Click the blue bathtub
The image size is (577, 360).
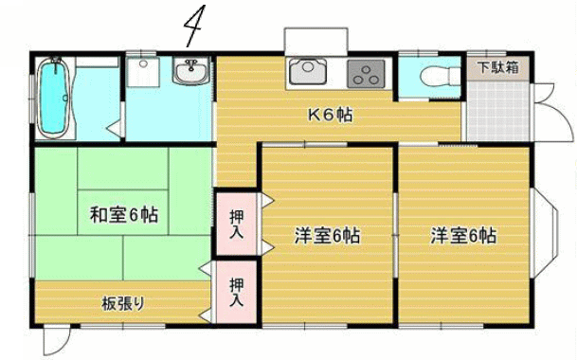[54, 98]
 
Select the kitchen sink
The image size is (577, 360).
[308, 72]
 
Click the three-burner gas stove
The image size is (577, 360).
[366, 73]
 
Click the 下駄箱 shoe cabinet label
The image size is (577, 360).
[497, 67]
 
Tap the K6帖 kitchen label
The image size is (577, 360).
[330, 116]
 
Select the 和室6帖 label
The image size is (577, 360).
[124, 215]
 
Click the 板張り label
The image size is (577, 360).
[123, 304]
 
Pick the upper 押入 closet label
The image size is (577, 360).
[236, 225]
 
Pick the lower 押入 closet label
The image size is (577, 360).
[236, 292]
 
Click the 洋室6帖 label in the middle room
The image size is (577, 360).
[327, 236]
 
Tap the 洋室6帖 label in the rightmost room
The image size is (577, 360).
[463, 236]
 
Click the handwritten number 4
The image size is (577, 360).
[193, 26]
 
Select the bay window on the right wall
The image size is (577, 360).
[545, 233]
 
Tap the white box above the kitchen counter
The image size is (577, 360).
[316, 42]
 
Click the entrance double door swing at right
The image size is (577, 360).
[553, 113]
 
